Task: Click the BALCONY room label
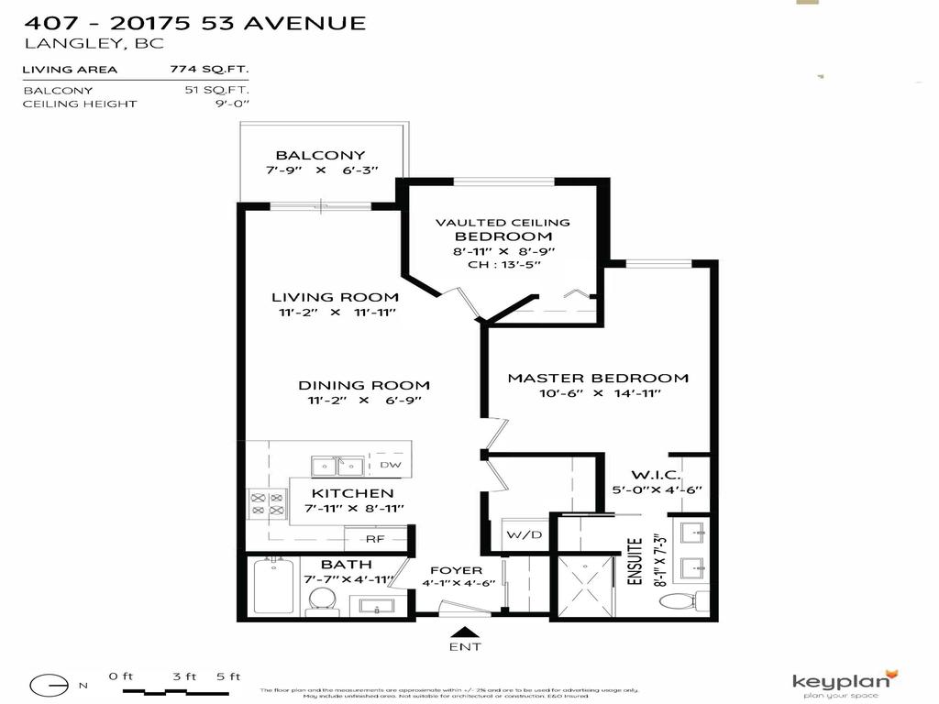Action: (320, 155)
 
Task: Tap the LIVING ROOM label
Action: (335, 297)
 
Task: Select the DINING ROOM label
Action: (363, 385)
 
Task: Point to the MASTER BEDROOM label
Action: (598, 378)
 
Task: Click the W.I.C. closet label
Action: (655, 475)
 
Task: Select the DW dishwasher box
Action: (390, 466)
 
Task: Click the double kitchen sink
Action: (337, 467)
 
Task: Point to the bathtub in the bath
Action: (273, 587)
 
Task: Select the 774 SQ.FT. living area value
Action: (209, 69)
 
